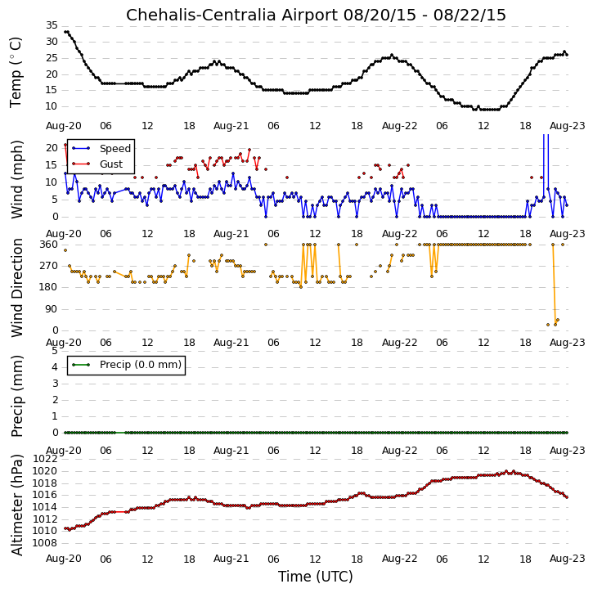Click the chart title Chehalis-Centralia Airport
[x=231, y=15]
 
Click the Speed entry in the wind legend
[x=115, y=149]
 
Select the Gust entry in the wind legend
[x=111, y=164]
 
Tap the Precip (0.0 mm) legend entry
[x=141, y=365]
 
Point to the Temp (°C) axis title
[x=16, y=73]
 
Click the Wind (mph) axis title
[x=17, y=180]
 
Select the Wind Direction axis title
[x=17, y=288]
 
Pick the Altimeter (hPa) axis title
[x=17, y=505]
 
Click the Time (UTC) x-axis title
[x=316, y=577]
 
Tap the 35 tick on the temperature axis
[x=52, y=25]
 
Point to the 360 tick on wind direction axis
[x=49, y=245]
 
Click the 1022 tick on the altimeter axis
[x=45, y=459]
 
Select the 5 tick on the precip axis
[x=56, y=351]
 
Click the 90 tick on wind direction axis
[x=52, y=309]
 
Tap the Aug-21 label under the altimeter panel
[x=231, y=559]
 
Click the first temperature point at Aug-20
[x=65, y=32]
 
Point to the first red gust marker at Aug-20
[x=65, y=145]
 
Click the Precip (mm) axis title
[x=17, y=397]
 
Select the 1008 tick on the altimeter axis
[x=45, y=543]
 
